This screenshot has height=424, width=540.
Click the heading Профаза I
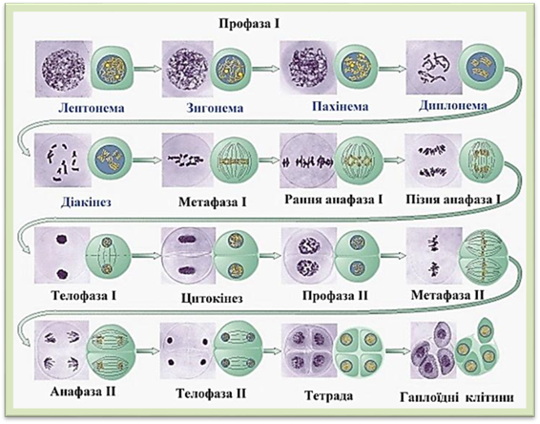(x=249, y=24)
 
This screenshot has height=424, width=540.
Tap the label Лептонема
(x=92, y=108)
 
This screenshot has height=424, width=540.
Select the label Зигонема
(x=215, y=108)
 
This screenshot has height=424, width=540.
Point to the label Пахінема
(x=341, y=107)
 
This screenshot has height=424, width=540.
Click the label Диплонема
(x=453, y=105)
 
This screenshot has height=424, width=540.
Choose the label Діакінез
(x=86, y=202)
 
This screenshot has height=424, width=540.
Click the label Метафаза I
(x=213, y=202)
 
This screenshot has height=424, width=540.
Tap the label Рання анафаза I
(x=334, y=200)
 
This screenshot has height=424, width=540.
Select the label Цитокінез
(x=212, y=298)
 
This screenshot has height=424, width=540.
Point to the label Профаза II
(x=335, y=296)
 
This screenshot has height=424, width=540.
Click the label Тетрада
(x=329, y=395)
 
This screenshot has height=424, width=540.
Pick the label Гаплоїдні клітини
(x=457, y=397)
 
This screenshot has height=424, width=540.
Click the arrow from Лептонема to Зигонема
(x=148, y=69)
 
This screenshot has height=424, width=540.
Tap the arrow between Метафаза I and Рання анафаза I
(x=269, y=159)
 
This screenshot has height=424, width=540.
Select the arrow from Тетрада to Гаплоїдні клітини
(x=398, y=351)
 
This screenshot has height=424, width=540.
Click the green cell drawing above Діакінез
(x=110, y=159)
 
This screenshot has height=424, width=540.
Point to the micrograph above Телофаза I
(x=62, y=255)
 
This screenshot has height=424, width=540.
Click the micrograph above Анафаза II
(x=62, y=350)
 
